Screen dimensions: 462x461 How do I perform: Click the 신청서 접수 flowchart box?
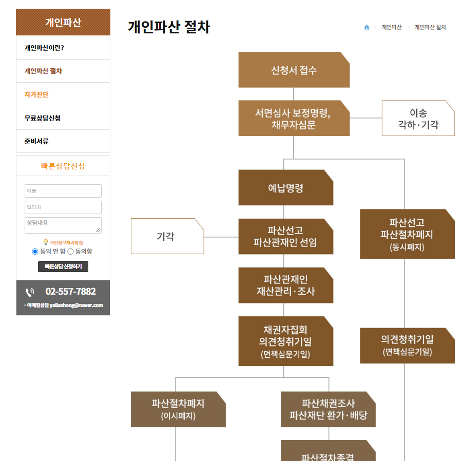[294, 70]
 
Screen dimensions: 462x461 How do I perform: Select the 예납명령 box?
[286, 187]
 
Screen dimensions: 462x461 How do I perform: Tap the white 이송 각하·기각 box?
[418, 118]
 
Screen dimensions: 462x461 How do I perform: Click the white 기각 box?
[167, 236]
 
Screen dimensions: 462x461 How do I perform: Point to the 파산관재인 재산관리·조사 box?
[286, 285]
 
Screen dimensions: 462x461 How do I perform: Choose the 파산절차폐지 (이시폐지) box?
[178, 409]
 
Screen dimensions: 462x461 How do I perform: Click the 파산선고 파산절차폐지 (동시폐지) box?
[407, 234]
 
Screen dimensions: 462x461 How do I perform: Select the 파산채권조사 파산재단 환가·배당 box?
[328, 409]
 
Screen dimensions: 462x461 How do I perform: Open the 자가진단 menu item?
[36, 94]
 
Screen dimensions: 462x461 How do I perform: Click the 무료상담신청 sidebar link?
[43, 118]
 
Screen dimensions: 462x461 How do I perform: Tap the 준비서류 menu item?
[36, 141]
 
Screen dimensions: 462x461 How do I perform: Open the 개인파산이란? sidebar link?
[44, 48]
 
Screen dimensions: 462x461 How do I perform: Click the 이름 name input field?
[63, 191]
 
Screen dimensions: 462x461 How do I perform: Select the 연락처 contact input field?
[63, 207]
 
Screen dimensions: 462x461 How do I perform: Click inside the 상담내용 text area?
[63, 225]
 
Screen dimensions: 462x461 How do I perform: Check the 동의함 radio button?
[70, 252]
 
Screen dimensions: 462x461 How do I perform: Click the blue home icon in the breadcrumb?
[367, 27]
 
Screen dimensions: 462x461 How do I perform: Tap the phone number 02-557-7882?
[70, 291]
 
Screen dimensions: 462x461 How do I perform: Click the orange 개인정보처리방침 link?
[66, 243]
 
